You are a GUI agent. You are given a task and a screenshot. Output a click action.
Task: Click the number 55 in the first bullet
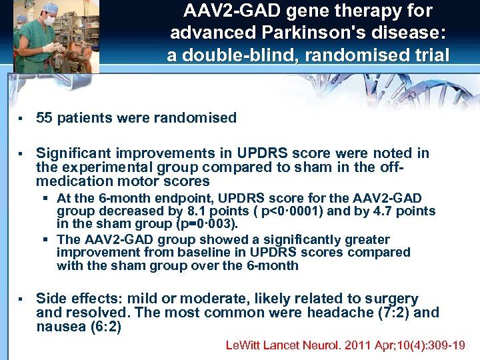(x=45, y=118)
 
